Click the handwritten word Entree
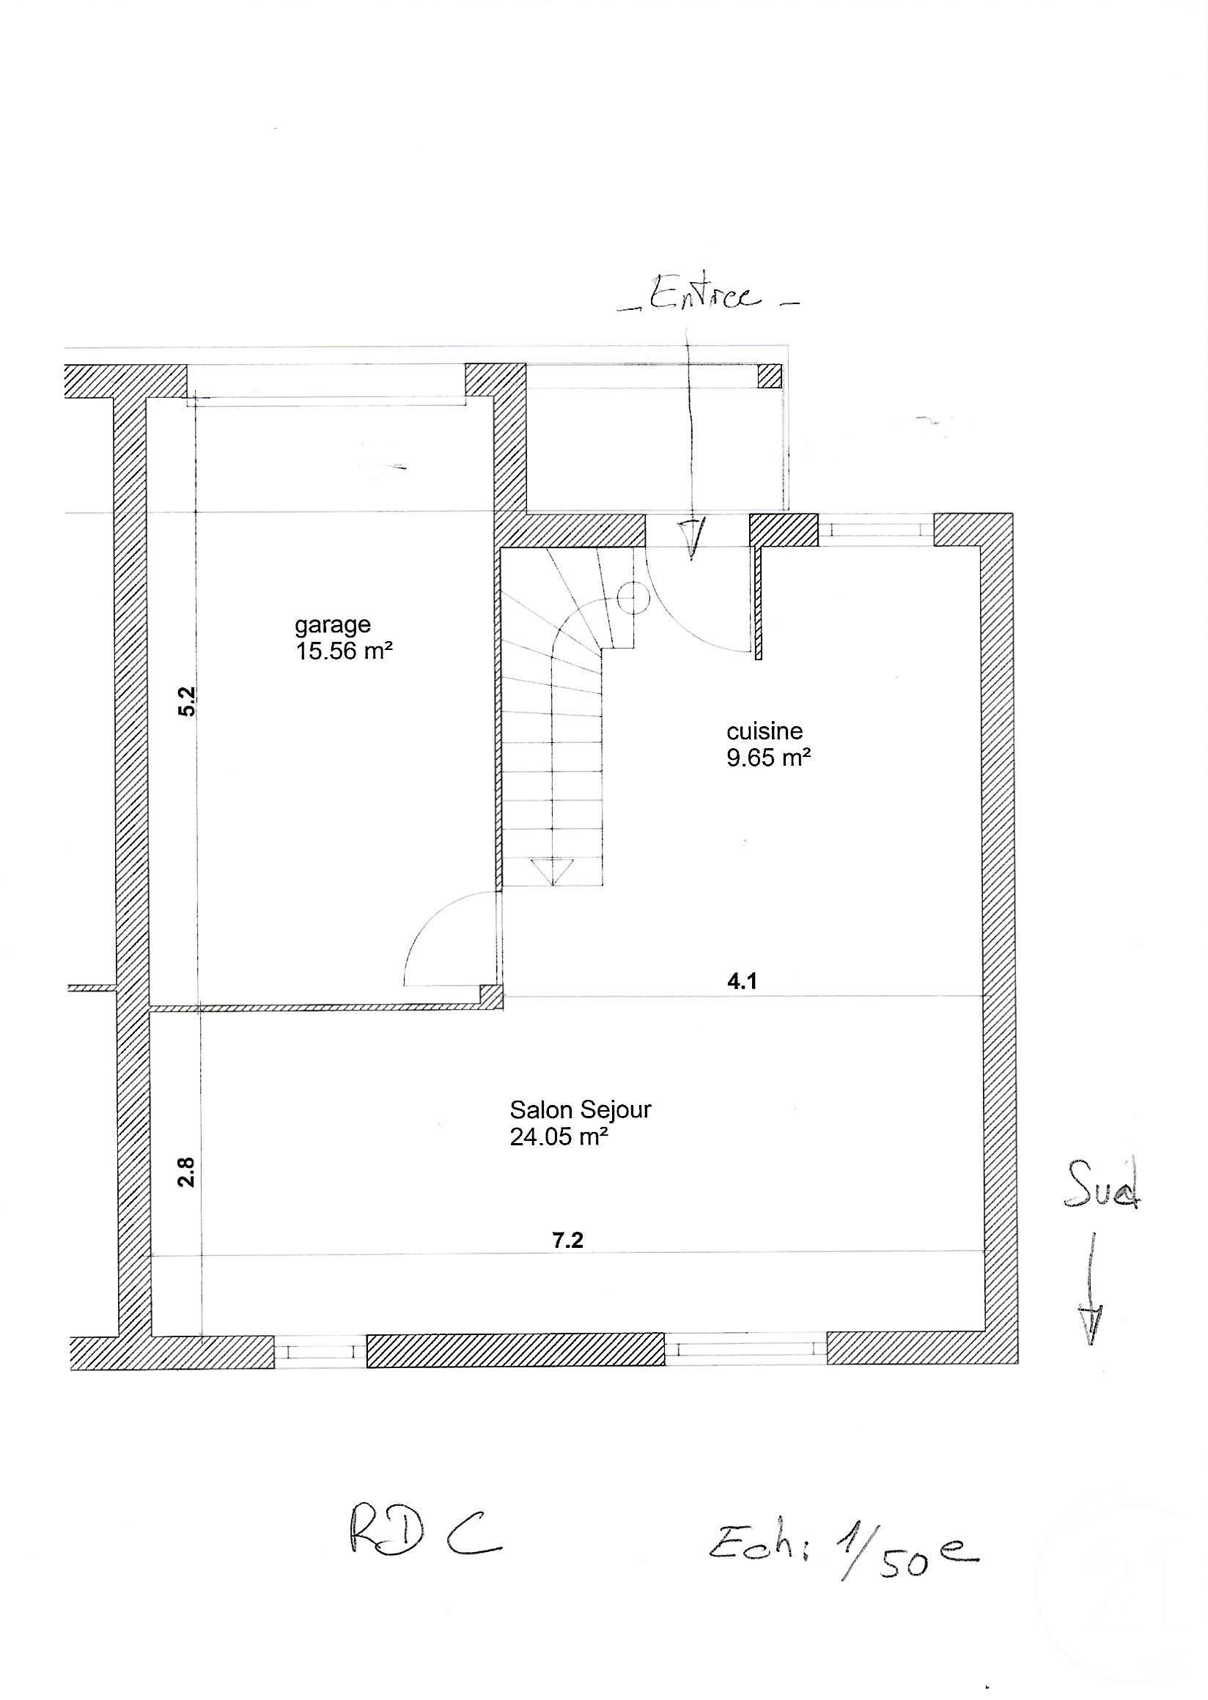point(705,295)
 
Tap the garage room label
point(332,624)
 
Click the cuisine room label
point(765,731)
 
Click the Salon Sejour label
point(581,1109)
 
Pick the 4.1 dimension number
point(742,982)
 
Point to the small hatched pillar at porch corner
point(770,376)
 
